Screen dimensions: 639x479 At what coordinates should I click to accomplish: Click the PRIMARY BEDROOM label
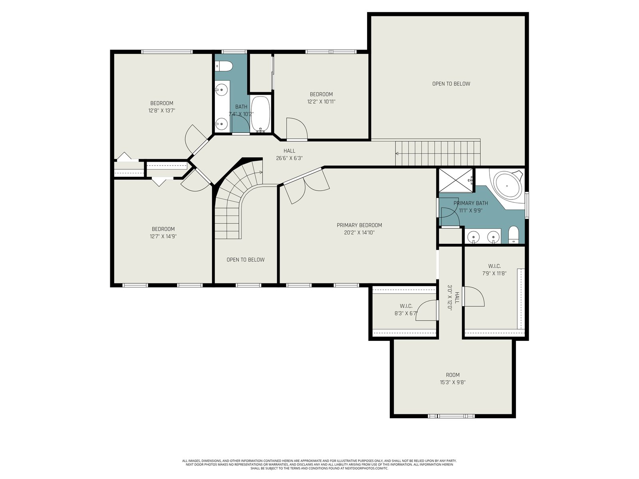tap(359, 225)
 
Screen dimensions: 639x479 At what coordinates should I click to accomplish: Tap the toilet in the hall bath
tap(224, 66)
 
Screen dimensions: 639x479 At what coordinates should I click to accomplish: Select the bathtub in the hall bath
tap(260, 114)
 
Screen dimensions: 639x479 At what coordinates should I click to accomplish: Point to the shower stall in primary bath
tap(456, 180)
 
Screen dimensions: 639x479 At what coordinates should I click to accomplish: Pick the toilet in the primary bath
tap(514, 234)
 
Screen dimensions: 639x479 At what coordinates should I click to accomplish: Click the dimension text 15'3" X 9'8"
tap(452, 382)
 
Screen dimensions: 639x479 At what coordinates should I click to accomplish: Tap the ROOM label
tap(452, 375)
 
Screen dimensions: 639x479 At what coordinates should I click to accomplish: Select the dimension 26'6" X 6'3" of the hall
tap(290, 158)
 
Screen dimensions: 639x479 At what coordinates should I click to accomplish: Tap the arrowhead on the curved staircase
tap(261, 172)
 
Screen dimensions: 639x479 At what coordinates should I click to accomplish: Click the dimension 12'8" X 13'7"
tap(162, 111)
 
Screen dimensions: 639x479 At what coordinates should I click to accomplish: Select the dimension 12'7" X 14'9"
tap(163, 236)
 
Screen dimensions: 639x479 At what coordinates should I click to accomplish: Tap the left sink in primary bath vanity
tap(474, 236)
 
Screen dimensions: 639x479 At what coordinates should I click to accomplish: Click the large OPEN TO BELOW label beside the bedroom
tap(451, 84)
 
